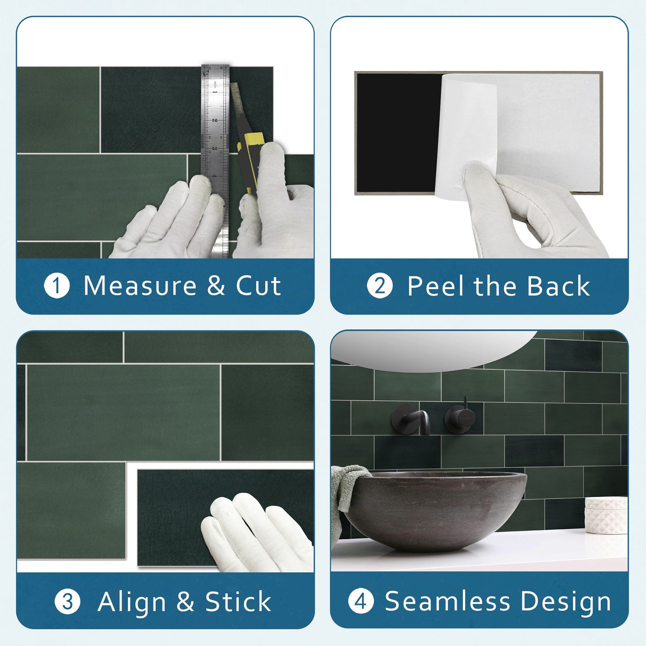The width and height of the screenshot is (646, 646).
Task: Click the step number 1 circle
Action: (x=57, y=286)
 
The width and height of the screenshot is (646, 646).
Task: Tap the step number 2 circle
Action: (x=380, y=286)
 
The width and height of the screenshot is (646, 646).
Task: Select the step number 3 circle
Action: (x=68, y=602)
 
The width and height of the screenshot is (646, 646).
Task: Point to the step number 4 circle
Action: (x=361, y=601)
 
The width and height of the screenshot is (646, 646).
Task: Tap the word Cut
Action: (x=258, y=286)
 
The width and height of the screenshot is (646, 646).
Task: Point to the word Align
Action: (x=131, y=602)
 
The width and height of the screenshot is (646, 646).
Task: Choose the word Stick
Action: (x=238, y=602)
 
